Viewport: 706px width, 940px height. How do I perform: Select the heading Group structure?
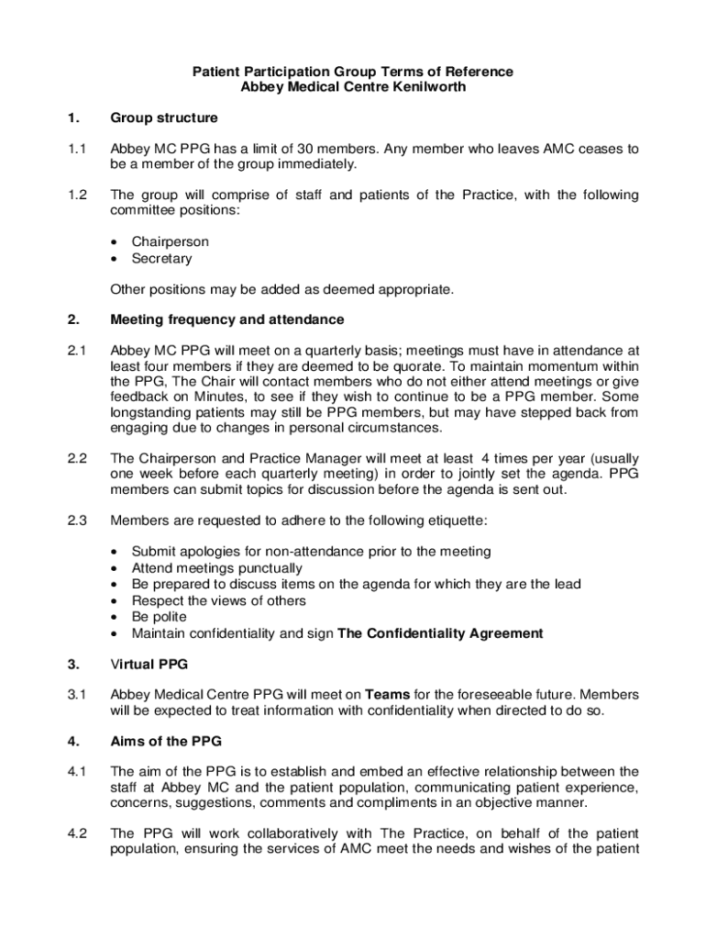(164, 118)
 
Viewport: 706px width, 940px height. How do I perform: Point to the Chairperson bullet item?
(170, 241)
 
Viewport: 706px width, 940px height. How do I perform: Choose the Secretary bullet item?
(161, 258)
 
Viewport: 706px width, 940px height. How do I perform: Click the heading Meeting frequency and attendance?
(227, 319)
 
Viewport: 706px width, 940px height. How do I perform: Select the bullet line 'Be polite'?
(159, 617)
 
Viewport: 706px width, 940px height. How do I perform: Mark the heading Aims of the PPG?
(166, 741)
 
